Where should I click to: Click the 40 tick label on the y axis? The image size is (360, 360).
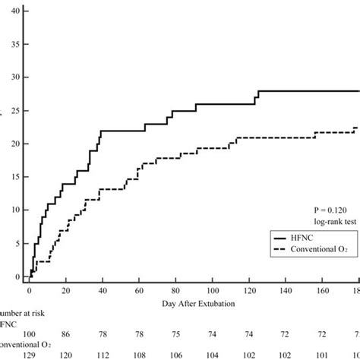tap(15, 11)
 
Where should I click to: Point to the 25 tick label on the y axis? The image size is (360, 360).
tap(15, 111)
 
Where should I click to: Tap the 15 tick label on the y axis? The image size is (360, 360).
tap(15, 177)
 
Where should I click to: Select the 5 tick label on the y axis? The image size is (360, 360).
tap(17, 244)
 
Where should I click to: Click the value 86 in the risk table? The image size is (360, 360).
tap(66, 334)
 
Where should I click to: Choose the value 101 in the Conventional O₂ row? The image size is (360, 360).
tap(322, 355)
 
